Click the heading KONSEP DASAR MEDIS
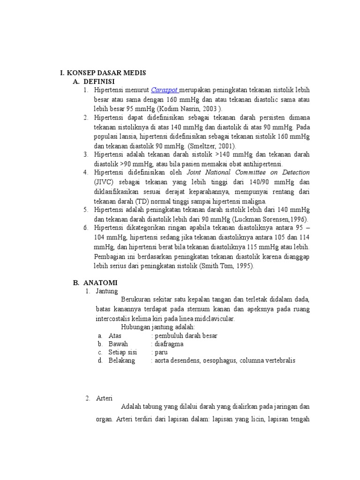pos(106,73)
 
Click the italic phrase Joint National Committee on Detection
pos(248,172)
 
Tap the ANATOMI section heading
pos(100,283)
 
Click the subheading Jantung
pos(106,291)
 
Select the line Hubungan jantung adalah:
pos(157,327)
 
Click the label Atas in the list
pos(115,336)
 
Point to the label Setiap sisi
pos(122,352)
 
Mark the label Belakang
pos(121,360)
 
